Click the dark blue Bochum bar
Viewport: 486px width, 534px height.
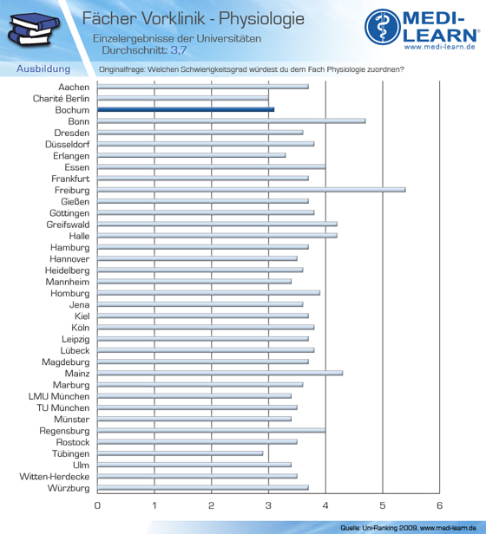pos(186,109)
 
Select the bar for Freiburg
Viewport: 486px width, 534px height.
pos(252,190)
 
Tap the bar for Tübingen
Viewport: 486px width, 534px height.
pos(180,453)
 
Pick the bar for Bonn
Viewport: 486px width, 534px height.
pos(231,120)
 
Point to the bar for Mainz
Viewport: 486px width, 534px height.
pos(220,373)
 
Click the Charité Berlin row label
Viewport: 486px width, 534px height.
pos(61,99)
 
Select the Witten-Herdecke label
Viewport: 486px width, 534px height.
pos(55,477)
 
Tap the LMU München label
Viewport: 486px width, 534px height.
pos(59,396)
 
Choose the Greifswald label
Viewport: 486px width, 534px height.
pos(69,225)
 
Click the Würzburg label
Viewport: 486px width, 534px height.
pos(69,488)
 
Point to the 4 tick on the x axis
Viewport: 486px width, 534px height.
pos(325,505)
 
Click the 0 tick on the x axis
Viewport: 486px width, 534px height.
pos(97,505)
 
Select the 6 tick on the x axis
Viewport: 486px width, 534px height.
pos(440,505)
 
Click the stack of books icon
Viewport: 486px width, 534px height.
pos(34,29)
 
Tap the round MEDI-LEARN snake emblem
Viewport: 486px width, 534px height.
pos(383,27)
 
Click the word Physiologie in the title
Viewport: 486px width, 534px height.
pos(261,18)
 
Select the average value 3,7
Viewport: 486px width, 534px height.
pos(179,50)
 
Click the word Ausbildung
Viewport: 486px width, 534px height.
pos(43,68)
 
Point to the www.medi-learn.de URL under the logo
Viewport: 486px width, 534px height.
pos(440,47)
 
